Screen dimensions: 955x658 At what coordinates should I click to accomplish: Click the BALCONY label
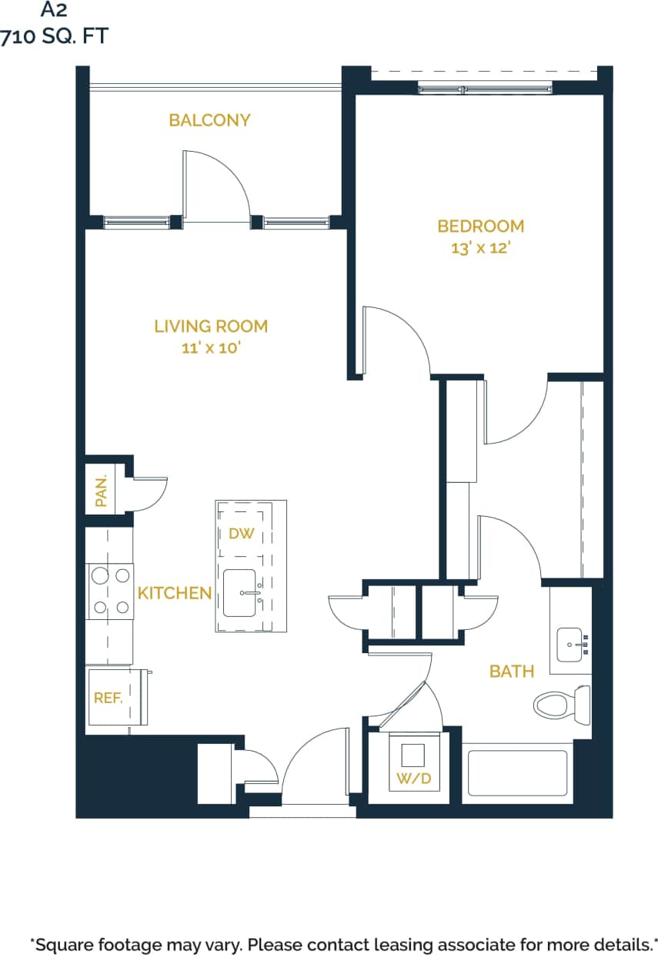coord(209,120)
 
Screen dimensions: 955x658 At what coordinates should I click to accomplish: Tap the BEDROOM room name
coord(480,226)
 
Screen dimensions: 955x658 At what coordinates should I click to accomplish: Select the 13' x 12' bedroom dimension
coord(480,248)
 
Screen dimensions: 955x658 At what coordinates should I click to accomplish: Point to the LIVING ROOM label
coord(211,326)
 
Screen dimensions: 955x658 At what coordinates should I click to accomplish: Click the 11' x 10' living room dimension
coord(211,348)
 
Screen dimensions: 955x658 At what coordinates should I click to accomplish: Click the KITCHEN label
coord(175,593)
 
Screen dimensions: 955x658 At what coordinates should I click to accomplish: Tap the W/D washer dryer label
coord(413,779)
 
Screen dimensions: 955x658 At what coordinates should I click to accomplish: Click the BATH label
coord(512,672)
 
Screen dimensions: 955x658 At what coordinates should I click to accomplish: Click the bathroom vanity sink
coord(570,642)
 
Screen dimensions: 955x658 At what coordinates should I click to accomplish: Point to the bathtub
coord(517,772)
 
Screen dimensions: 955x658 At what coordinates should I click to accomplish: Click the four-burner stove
coord(110,591)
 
